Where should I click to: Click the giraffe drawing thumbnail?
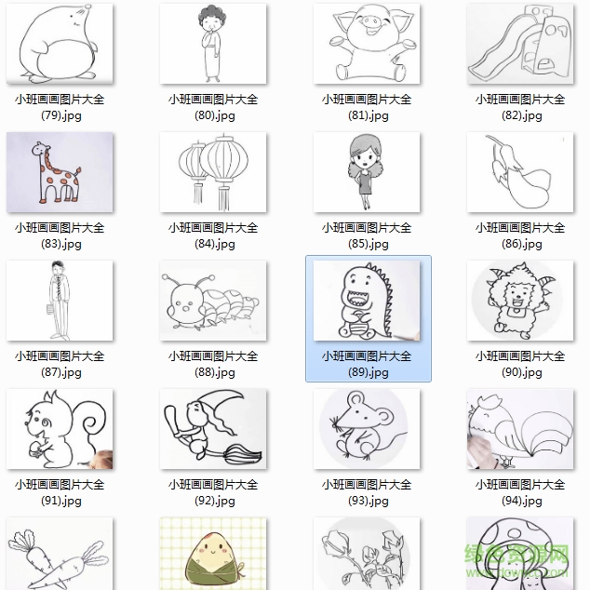(x=60, y=172)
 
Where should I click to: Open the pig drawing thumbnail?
(x=367, y=44)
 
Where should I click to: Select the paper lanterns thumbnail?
(x=213, y=172)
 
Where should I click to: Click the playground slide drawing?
(x=519, y=44)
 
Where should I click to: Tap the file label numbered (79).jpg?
(x=60, y=107)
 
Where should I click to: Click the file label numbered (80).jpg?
(x=213, y=107)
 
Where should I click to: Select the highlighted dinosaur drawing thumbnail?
(x=367, y=301)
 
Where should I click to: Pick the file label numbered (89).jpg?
(x=367, y=364)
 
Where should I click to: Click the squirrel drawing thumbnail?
(x=60, y=429)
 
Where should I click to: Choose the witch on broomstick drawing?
(x=213, y=429)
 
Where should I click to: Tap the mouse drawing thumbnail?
(x=367, y=429)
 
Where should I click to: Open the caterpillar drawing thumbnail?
(x=213, y=301)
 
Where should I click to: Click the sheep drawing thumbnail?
(x=519, y=301)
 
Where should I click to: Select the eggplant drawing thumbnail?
(x=519, y=172)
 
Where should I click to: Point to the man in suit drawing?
(x=60, y=301)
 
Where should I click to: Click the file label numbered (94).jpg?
(x=519, y=492)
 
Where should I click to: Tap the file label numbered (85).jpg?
(x=367, y=235)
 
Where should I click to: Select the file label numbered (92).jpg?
(x=213, y=492)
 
